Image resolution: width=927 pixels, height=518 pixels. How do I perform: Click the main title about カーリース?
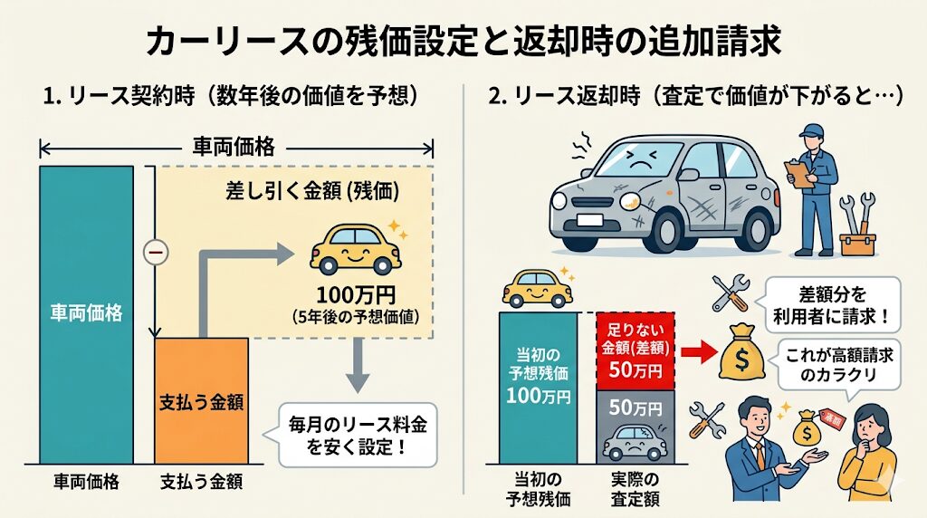463,41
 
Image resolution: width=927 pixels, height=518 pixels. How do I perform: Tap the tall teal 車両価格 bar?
86,314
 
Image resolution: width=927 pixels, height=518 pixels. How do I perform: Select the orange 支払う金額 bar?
202,401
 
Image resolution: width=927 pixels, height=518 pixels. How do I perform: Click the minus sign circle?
156,253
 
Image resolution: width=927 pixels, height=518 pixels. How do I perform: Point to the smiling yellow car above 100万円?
356,249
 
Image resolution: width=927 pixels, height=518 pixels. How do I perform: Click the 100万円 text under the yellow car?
356,294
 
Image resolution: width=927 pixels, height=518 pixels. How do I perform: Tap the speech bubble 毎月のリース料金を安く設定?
357,436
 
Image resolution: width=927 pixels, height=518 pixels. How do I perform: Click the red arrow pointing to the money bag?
697,353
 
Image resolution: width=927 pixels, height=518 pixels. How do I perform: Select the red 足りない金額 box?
636,351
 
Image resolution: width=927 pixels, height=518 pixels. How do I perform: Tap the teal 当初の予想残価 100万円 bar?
538,388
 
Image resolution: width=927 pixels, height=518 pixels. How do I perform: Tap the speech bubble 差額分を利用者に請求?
831,305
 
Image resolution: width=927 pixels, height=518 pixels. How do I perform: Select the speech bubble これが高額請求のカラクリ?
839,365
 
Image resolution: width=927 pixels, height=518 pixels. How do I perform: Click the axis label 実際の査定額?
635,489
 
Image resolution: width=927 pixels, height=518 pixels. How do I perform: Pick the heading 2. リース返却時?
565,96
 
